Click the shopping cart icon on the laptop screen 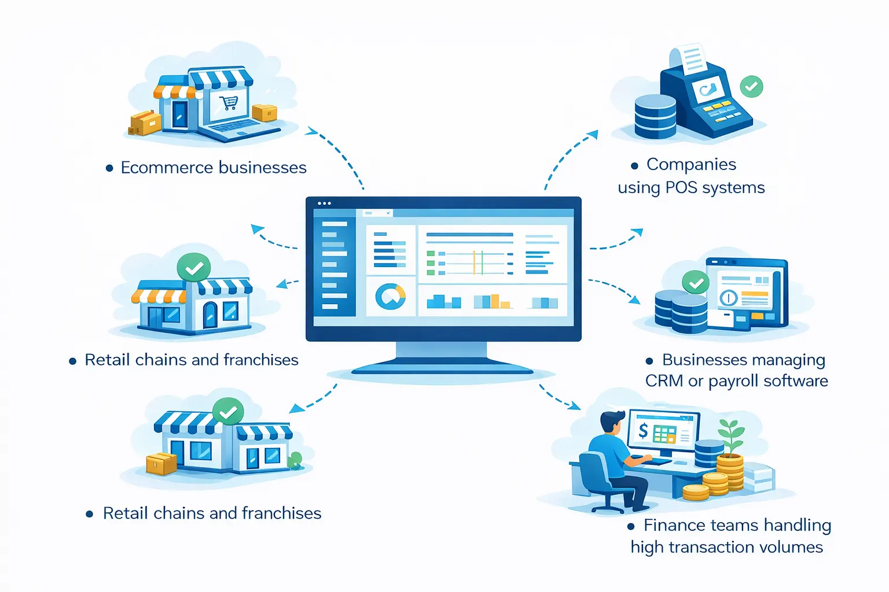pos(229,103)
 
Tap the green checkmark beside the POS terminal pos(751,87)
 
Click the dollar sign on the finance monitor pos(643,431)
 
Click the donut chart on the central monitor pos(391,296)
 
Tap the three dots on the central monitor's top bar pos(325,203)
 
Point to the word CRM pos(664,381)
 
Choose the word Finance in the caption pos(676,526)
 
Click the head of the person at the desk pos(611,422)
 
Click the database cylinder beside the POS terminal pos(655,116)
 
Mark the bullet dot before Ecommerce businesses pos(109,168)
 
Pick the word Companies pos(691,165)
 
